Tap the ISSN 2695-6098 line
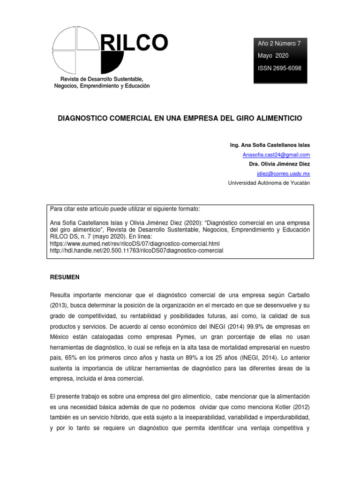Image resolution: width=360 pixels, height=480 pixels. (279, 68)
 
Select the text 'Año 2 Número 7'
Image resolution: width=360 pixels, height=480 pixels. (279, 44)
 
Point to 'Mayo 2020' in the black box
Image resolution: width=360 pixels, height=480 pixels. (273, 56)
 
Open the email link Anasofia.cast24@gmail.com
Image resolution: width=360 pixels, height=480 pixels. (276, 155)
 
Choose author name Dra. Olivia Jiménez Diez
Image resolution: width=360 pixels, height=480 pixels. (279, 164)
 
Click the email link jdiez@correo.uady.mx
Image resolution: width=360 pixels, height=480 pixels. (286, 173)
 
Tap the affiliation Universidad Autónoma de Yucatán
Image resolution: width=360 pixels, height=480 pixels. (269, 183)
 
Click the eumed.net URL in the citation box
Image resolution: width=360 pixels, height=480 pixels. (135, 244)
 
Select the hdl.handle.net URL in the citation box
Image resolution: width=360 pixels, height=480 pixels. (136, 251)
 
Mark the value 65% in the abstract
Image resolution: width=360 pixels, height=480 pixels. (66, 358)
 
